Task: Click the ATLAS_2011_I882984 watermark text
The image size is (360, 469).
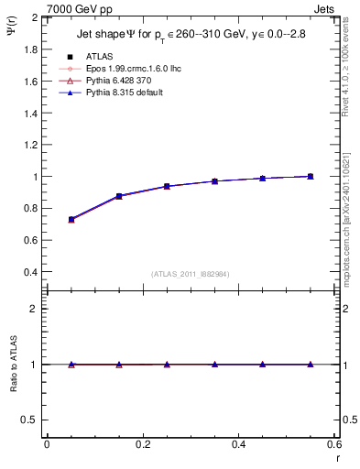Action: click(x=189, y=274)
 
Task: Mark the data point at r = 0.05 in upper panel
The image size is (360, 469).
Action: click(x=71, y=220)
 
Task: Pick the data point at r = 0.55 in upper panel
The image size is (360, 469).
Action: click(x=311, y=176)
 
